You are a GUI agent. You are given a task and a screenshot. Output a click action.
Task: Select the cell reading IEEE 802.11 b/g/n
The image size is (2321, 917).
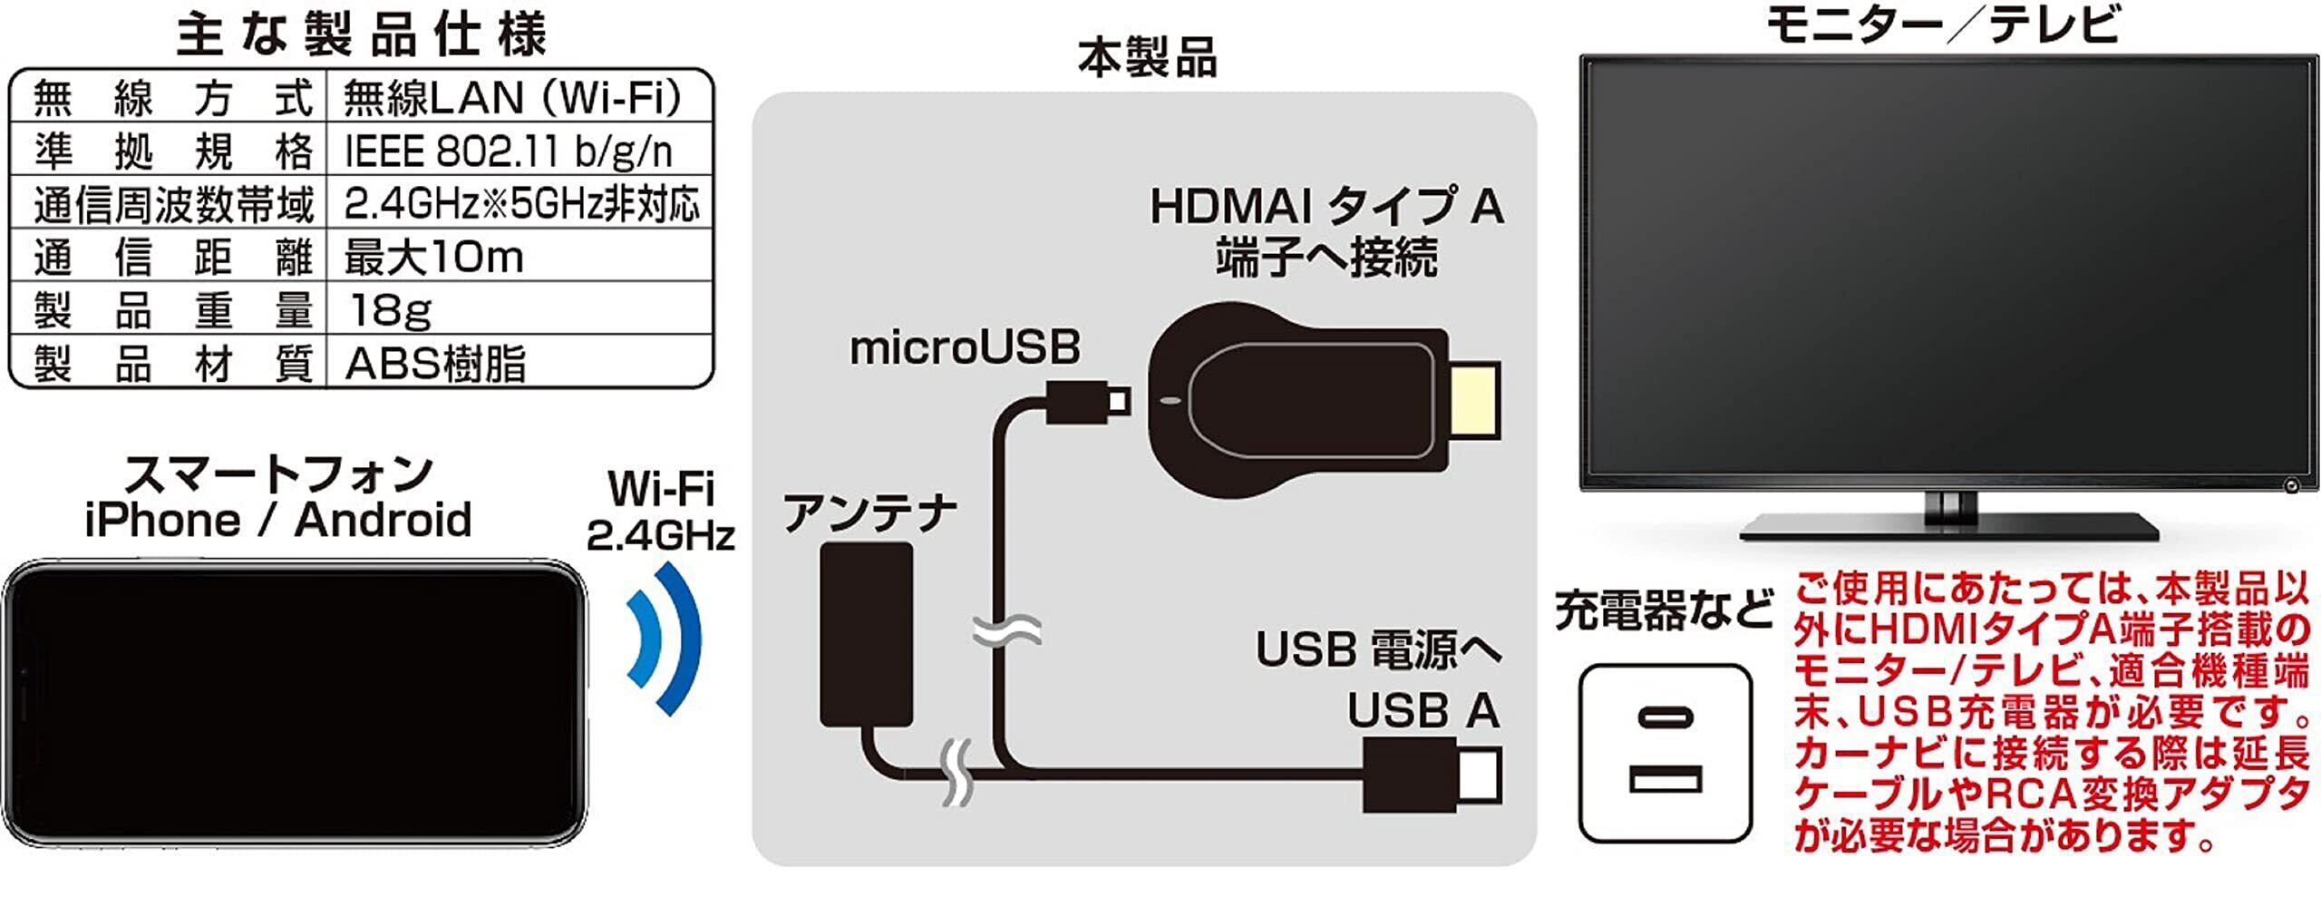[x=509, y=151]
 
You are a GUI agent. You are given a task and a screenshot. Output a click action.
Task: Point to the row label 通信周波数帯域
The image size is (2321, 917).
[x=173, y=205]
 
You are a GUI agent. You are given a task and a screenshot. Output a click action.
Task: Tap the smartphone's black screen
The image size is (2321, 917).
[x=295, y=704]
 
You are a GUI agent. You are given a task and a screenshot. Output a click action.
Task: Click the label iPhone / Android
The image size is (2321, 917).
[x=277, y=521]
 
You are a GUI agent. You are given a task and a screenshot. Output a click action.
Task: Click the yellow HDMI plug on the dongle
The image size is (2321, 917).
[x=1473, y=401]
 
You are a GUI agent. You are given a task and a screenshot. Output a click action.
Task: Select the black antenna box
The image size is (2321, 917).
[x=866, y=634]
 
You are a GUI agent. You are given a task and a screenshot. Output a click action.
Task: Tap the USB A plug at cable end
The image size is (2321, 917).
[x=1432, y=776]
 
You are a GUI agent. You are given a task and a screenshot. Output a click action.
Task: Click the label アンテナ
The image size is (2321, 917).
[x=869, y=513]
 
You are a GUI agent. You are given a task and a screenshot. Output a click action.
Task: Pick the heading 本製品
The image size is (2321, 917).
[x=1146, y=58]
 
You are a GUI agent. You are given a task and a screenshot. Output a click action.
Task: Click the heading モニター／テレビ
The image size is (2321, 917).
[x=1942, y=24]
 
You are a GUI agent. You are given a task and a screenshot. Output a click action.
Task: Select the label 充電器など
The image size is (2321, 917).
[x=1664, y=610]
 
